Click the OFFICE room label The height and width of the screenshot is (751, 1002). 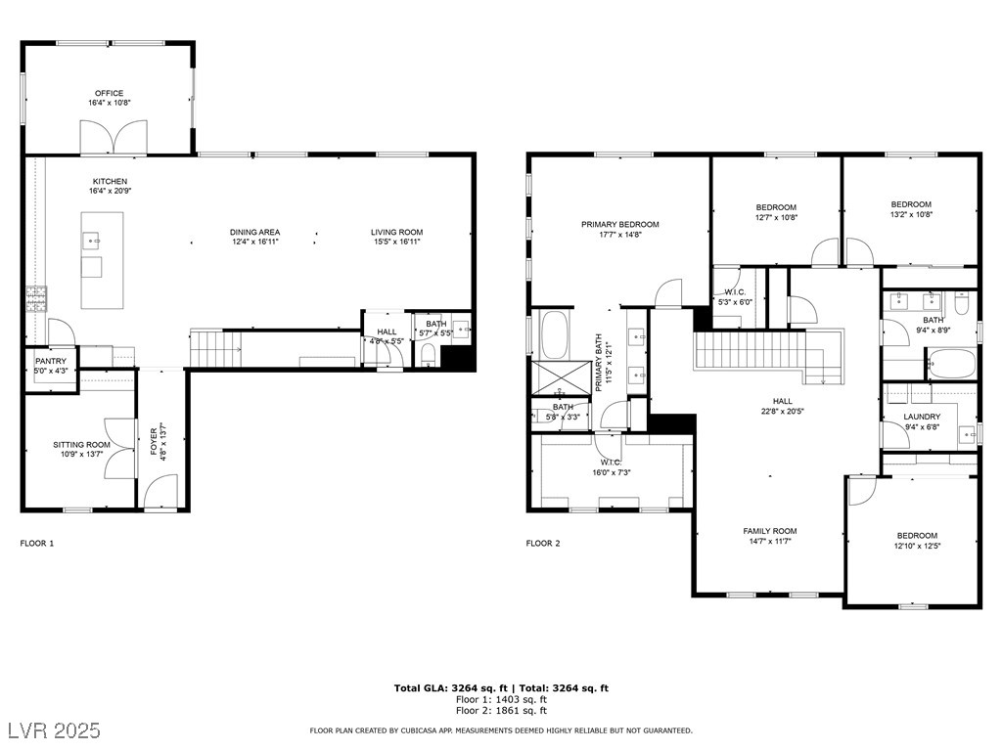pos(110,93)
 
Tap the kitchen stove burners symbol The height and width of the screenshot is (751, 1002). pos(36,299)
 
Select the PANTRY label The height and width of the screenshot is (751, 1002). pos(51,362)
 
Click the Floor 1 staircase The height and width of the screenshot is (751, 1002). pos(216,349)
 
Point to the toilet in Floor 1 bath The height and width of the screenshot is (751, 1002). pos(429,355)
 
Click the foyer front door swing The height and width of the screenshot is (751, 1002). pos(160,491)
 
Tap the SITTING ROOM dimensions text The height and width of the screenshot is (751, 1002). pos(81,455)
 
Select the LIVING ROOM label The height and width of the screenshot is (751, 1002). pos(397,233)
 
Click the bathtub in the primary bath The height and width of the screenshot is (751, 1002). pos(554,334)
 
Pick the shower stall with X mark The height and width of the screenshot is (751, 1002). pos(562,378)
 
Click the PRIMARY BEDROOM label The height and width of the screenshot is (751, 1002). pos(619,225)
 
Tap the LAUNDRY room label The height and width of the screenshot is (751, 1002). pos(922,417)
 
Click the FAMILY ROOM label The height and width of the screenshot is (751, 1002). pos(770,531)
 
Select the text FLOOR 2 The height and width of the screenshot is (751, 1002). pos(543,544)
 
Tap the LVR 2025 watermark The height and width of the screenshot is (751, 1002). pos(55,730)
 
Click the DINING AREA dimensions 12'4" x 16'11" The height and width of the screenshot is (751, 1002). pos(255,243)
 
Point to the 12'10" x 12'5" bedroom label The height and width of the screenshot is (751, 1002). pos(917,546)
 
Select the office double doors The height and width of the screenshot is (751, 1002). pos(114,137)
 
